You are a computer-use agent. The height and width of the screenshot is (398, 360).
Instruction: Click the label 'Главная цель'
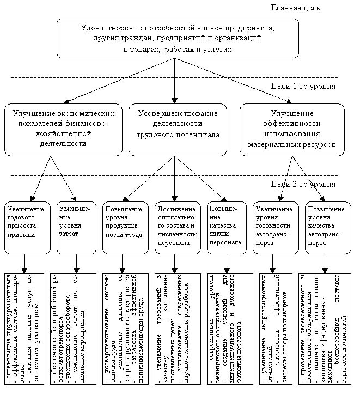click(295, 8)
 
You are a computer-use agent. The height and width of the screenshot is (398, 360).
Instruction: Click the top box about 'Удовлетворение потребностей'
click(178, 38)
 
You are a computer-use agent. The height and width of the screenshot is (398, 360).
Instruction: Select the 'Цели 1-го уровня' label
click(303, 86)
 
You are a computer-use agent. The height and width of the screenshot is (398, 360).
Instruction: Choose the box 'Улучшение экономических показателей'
click(63, 129)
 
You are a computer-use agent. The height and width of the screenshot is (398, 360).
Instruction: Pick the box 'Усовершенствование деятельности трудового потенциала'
click(178, 129)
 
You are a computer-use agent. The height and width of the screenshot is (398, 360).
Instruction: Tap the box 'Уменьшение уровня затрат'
click(76, 227)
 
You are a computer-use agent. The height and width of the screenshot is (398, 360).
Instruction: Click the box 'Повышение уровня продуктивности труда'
click(125, 227)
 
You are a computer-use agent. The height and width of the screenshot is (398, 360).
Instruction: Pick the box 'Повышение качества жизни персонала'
click(225, 227)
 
